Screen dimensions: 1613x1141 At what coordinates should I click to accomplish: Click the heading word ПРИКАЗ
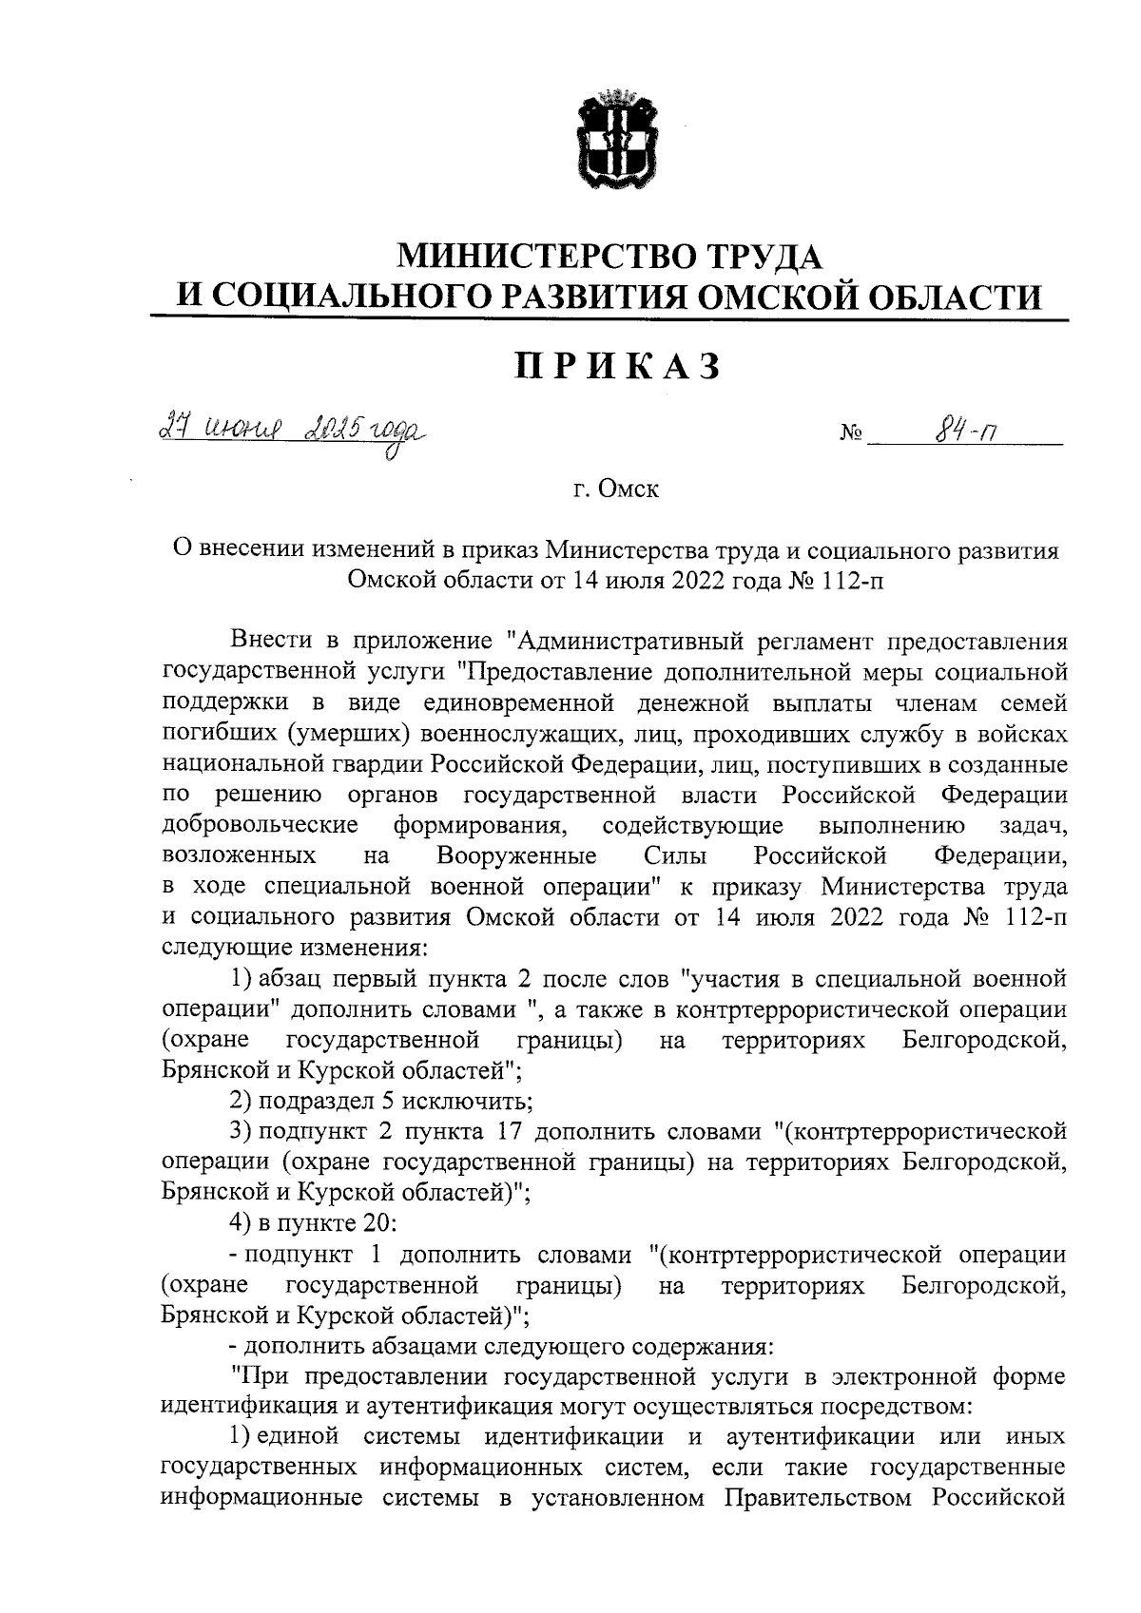(x=617, y=365)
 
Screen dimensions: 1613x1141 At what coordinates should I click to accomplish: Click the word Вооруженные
(x=516, y=855)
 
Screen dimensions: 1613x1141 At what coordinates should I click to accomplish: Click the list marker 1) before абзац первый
(x=242, y=978)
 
